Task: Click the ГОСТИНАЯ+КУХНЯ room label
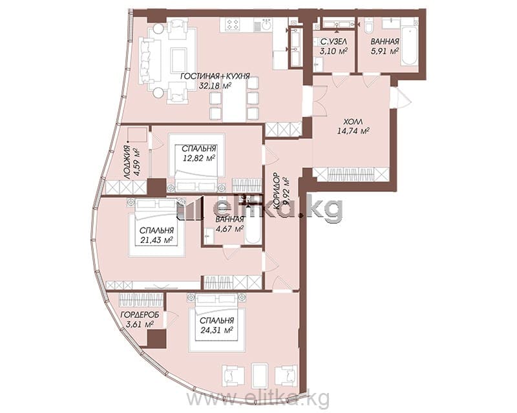pos(215,76)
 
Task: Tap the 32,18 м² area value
pos(215,86)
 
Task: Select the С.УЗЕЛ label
pos(333,42)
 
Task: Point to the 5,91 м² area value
pos(385,51)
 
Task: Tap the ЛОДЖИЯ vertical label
pos(127,163)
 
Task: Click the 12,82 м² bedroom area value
pos(199,158)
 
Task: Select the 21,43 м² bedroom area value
pos(157,240)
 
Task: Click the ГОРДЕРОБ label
pos(140,315)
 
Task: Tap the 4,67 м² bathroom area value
pos(229,228)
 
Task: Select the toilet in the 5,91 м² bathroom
pos(368,25)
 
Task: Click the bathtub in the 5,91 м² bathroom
pos(408,46)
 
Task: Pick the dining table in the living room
pos(234,99)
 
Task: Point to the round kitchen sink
pos(266,25)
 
